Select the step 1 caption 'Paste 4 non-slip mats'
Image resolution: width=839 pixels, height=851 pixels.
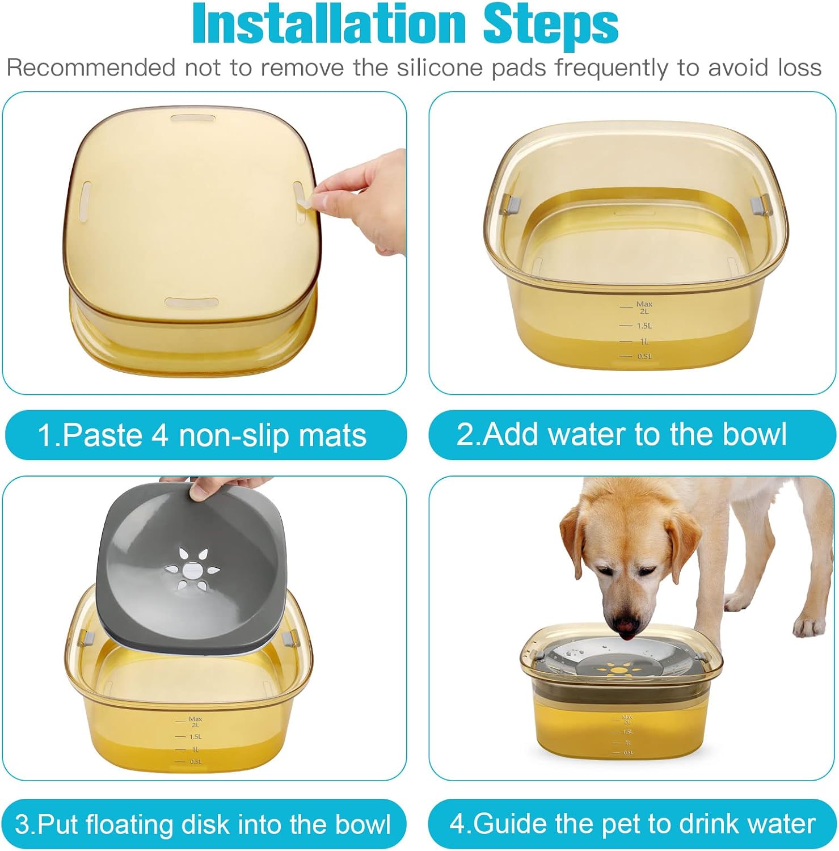pos(202,436)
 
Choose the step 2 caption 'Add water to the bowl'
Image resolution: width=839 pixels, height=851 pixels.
pos(622,435)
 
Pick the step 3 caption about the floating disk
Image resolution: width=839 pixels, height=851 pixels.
pos(203,824)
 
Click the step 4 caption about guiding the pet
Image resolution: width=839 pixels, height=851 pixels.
pos(633,824)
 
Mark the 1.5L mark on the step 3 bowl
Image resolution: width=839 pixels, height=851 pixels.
pos(189,736)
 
